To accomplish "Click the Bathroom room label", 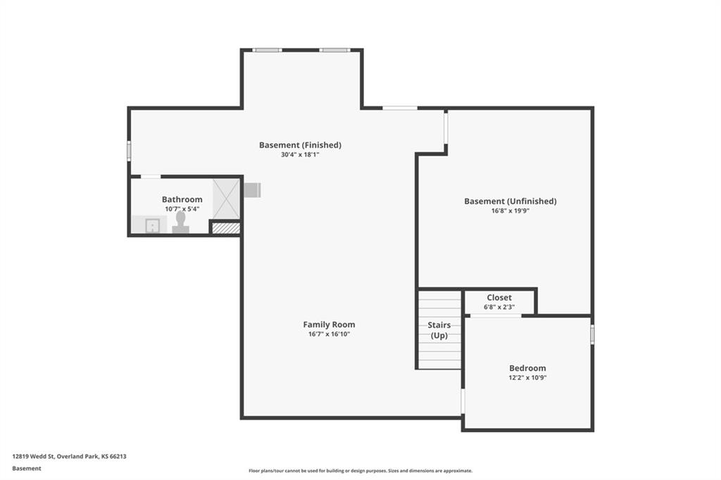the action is (182, 199).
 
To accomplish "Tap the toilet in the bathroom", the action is (181, 222).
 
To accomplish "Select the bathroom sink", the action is (152, 226).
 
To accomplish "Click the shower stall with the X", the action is (226, 198).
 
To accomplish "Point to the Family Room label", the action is (329, 324).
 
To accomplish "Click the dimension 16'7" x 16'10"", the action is (329, 334).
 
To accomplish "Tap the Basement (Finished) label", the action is (300, 145).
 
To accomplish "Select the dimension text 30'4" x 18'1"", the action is (300, 155).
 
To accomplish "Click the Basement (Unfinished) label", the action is (510, 201).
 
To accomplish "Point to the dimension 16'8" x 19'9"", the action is (510, 211).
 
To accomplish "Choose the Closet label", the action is (499, 298).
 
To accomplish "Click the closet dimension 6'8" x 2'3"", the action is (499, 307).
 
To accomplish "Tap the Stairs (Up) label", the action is (439, 330).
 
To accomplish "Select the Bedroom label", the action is (527, 368).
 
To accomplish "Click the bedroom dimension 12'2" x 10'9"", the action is (527, 378).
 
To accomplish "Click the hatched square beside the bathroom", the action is (226, 228).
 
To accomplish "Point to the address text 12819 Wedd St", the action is (34, 457).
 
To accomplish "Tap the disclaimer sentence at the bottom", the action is (360, 471).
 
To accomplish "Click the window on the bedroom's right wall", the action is (592, 334).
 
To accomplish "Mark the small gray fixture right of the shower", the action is (253, 190).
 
